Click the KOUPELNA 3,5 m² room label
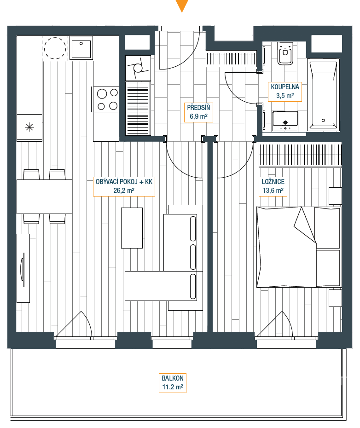point(285,92)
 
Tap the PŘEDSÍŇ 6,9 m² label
point(198,112)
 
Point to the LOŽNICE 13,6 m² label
point(273,186)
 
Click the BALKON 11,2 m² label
point(173,383)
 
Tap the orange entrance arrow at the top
point(182,6)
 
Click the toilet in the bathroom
point(285,53)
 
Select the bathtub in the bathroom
point(323,95)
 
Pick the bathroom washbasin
point(285,121)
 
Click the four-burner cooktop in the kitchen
point(106,99)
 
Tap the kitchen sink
point(81,48)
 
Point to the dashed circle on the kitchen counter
point(55,48)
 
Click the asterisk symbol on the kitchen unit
point(29,127)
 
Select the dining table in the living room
point(45,197)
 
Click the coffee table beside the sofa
point(132,228)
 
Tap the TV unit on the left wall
point(23,268)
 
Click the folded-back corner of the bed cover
point(305,225)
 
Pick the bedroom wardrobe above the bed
point(300,155)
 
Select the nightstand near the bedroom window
point(335,298)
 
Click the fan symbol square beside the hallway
point(138,68)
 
